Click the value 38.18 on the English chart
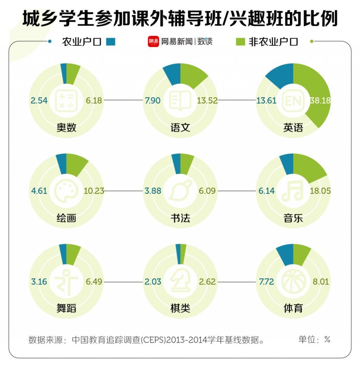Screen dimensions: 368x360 point(320,100)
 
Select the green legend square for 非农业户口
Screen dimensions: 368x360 point(240,42)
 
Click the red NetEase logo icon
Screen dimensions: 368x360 point(153,41)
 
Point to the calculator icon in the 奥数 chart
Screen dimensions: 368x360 point(66,100)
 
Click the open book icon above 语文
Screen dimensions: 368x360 point(180,100)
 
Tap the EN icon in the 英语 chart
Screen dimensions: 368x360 point(293,101)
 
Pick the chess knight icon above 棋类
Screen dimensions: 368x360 point(180,282)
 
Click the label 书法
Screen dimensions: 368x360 point(180,218)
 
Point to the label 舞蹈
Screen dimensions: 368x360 point(66,309)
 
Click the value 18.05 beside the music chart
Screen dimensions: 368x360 point(320,191)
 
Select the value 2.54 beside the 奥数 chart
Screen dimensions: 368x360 point(39,101)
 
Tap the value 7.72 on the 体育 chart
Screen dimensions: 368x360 point(266,282)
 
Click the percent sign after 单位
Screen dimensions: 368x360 point(327,340)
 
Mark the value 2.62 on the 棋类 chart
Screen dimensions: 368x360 point(207,282)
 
